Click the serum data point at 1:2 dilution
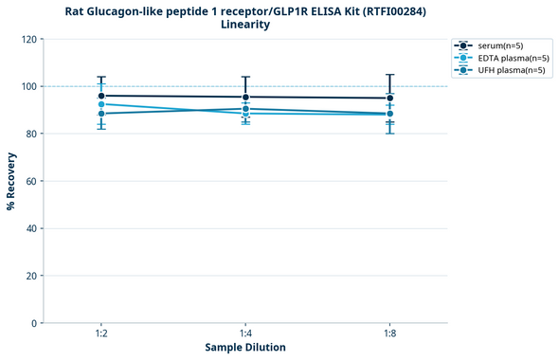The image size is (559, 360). (x=101, y=96)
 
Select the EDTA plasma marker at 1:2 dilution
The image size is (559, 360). (x=101, y=104)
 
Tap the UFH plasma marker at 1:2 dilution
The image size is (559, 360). (x=101, y=114)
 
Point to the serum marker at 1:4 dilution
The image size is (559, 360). (x=245, y=97)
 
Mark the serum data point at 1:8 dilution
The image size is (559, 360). (x=389, y=98)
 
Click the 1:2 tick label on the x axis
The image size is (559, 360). (x=101, y=334)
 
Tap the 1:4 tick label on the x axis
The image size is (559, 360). (x=245, y=334)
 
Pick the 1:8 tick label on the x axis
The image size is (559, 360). (x=389, y=334)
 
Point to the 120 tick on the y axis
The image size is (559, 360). (x=28, y=39)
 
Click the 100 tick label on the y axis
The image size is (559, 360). (x=28, y=86)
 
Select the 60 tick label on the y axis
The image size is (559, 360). (x=31, y=181)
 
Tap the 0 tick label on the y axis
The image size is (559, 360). (x=34, y=323)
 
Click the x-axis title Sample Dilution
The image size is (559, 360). (x=245, y=348)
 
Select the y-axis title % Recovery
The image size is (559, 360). (x=11, y=180)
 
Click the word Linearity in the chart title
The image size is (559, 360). (x=245, y=25)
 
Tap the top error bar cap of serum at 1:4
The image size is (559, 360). (x=245, y=77)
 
